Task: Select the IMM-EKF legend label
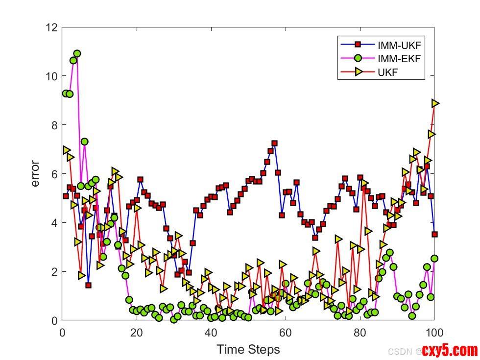399,60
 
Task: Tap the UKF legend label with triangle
387,73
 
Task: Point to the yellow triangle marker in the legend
358,73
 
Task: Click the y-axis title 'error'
35,174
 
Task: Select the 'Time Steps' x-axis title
248,349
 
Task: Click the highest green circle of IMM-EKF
77,53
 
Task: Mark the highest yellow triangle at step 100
435,103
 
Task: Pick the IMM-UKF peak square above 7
274,143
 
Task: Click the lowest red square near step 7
88,285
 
